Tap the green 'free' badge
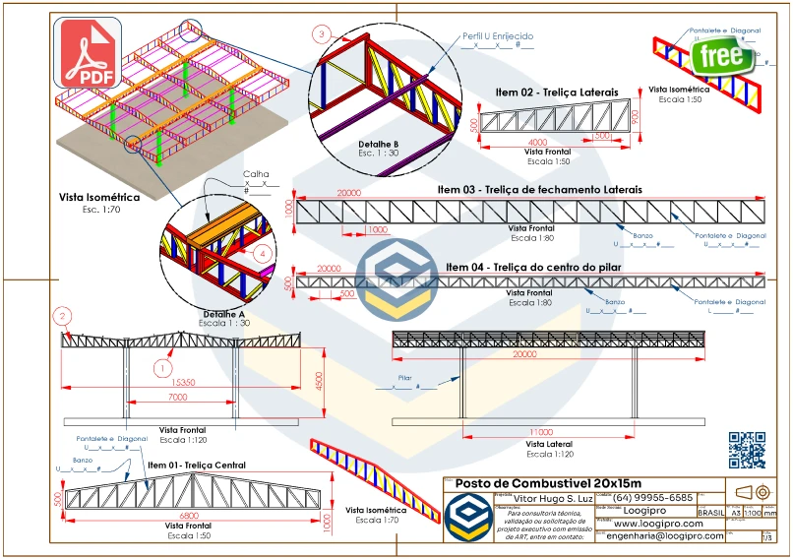point(722,55)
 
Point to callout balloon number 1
point(161,367)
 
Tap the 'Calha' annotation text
point(255,173)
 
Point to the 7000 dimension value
point(177,398)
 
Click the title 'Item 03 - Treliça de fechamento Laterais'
point(540,188)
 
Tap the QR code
point(747,450)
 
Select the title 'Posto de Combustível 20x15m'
point(548,483)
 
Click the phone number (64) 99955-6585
point(653,497)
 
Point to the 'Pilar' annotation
point(405,377)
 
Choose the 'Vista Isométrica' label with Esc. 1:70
point(100,198)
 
